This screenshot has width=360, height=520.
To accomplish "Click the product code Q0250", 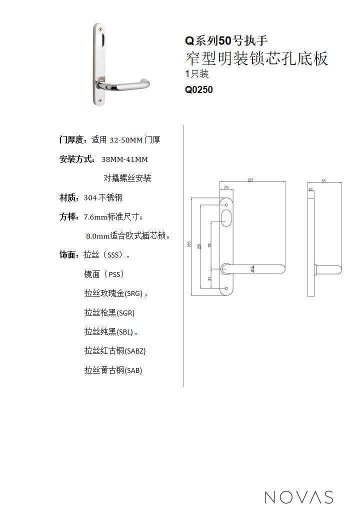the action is tap(198, 89).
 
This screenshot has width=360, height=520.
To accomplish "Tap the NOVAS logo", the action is tap(299, 497).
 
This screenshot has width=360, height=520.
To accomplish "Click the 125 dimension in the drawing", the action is tap(250, 179).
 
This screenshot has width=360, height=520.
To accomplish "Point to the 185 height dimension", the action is tap(189, 244).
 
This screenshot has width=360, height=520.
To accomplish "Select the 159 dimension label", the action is tap(199, 246).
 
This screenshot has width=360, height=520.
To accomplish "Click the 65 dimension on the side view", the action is tap(324, 180).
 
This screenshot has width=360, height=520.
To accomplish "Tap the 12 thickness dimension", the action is tap(310, 189).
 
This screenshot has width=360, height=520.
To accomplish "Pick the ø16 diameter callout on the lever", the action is tap(252, 268).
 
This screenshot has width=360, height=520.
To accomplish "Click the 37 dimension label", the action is tap(209, 278).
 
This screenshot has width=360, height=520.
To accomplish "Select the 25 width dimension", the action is tap(226, 187).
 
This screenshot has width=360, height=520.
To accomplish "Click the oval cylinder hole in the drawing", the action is tap(226, 218).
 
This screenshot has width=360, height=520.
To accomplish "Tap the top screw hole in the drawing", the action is tap(226, 200).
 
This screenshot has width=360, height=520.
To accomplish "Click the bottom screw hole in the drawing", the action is tap(226, 288).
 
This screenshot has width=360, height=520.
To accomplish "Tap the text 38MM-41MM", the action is tap(124, 159).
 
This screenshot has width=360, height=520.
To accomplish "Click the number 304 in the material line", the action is tap(90, 198).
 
